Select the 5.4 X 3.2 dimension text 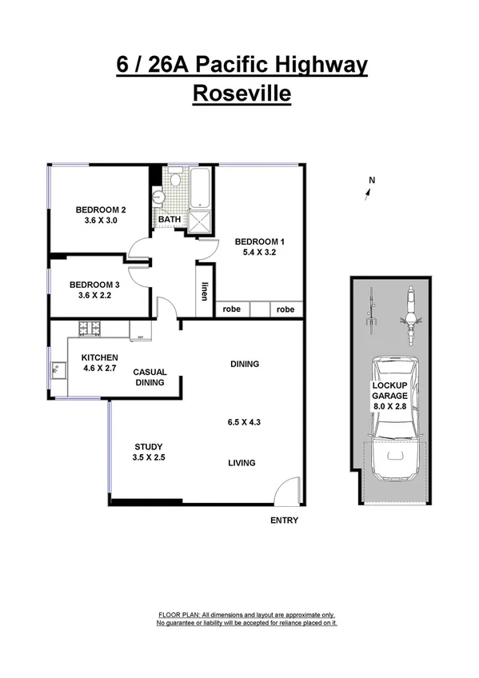tap(259, 252)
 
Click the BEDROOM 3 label tap(94, 285)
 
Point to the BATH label tap(169, 219)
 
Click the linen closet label tap(205, 293)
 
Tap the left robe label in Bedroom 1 tap(232, 309)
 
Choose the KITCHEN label tap(99, 357)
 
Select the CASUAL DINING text tap(149, 377)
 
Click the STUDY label tap(149, 447)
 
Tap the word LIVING tap(241, 462)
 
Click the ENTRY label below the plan tap(285, 520)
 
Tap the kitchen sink tap(56, 370)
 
